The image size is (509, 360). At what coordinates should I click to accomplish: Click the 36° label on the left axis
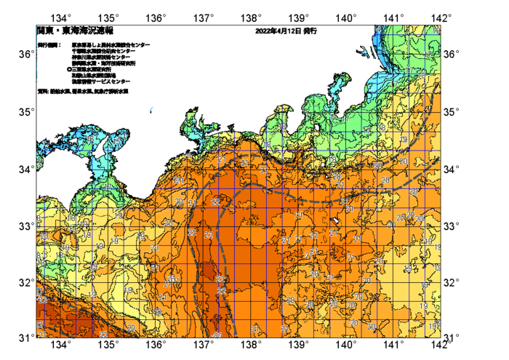pyautogui.click(x=26, y=55)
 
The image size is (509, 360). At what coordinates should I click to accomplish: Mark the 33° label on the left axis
pyautogui.click(x=26, y=226)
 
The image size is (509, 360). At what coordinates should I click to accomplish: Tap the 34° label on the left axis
pyautogui.click(x=26, y=169)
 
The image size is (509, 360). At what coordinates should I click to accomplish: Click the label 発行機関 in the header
pyautogui.click(x=50, y=45)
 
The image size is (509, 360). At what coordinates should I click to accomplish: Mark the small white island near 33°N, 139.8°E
pyautogui.click(x=335, y=221)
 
